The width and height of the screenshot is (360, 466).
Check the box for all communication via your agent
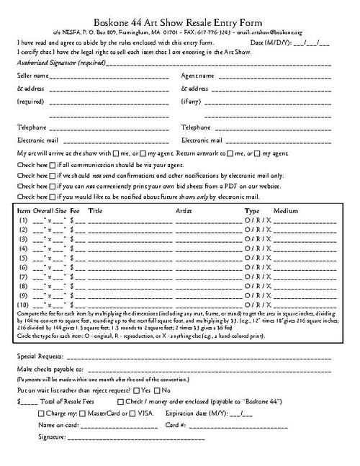coord(52,165)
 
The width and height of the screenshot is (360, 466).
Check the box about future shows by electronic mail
coord(52,197)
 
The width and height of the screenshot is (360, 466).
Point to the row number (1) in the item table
coord(23,220)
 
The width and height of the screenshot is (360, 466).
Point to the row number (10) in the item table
coord(23,305)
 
